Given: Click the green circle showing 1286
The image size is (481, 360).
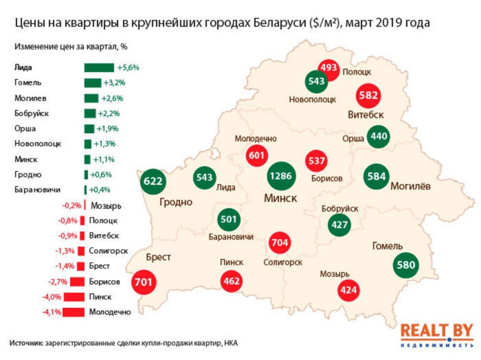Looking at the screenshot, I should coord(282,177).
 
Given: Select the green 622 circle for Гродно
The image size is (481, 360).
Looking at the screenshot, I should coord(153,181).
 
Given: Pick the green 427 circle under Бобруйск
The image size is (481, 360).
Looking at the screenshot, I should coord(340,225).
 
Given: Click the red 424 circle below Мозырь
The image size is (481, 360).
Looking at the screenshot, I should coord(349,290).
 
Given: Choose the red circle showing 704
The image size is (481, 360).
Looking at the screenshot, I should coord(280,242).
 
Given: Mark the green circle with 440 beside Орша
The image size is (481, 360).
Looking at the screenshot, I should coord(378,136).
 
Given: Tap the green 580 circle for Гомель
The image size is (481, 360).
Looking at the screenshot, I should coord(406,265).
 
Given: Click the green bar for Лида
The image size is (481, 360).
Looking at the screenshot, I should coord(99,68).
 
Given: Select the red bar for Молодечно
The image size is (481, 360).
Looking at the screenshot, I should coord(73,312).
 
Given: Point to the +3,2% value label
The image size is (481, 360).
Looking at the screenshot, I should coord(115,83).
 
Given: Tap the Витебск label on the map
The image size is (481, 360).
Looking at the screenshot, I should coord(366,115).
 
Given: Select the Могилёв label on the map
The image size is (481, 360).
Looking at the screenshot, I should coord(410,187).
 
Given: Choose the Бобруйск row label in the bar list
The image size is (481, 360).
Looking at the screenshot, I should coord(31,113).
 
